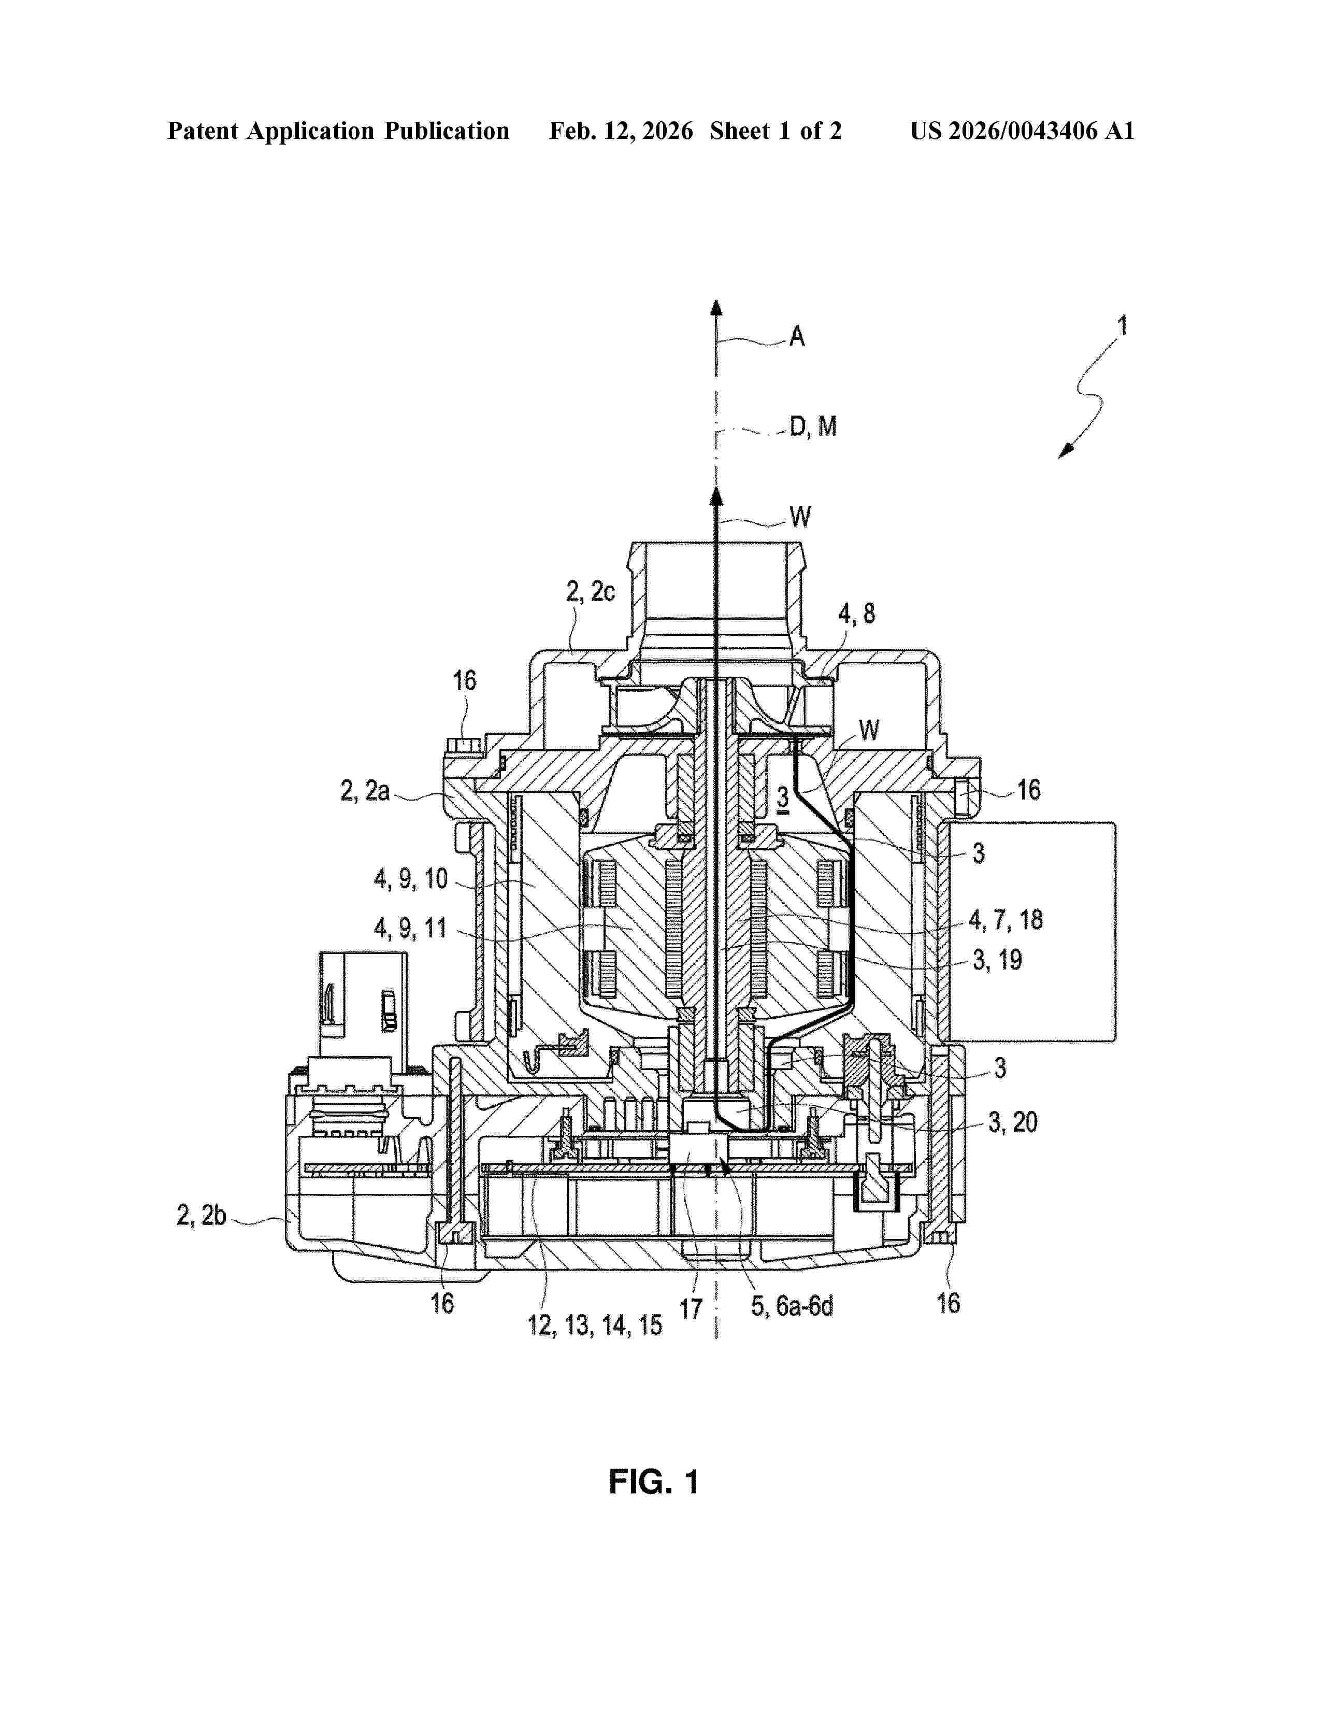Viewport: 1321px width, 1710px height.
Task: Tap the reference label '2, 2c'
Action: point(590,592)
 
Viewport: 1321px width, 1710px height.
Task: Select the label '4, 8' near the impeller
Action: point(856,614)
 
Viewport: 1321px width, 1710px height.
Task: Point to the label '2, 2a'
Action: point(365,791)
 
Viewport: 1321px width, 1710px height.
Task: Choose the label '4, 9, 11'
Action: point(410,929)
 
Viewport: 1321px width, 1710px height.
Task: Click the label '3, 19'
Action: point(997,960)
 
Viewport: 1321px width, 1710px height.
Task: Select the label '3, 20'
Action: point(1013,1123)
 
